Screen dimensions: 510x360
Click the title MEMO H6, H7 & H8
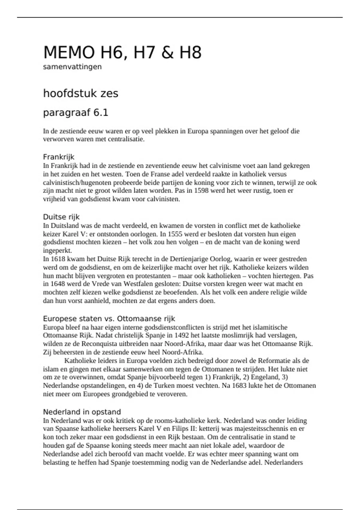122,52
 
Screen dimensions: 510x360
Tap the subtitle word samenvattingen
72,67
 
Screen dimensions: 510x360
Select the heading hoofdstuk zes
81,93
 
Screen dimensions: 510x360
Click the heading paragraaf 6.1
76,112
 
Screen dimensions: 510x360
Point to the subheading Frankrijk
58,157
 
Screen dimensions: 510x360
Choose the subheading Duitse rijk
61,217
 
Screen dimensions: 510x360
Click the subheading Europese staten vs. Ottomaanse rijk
109,319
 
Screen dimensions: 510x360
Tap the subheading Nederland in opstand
82,412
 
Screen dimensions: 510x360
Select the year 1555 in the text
175,234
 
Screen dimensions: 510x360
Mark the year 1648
58,284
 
